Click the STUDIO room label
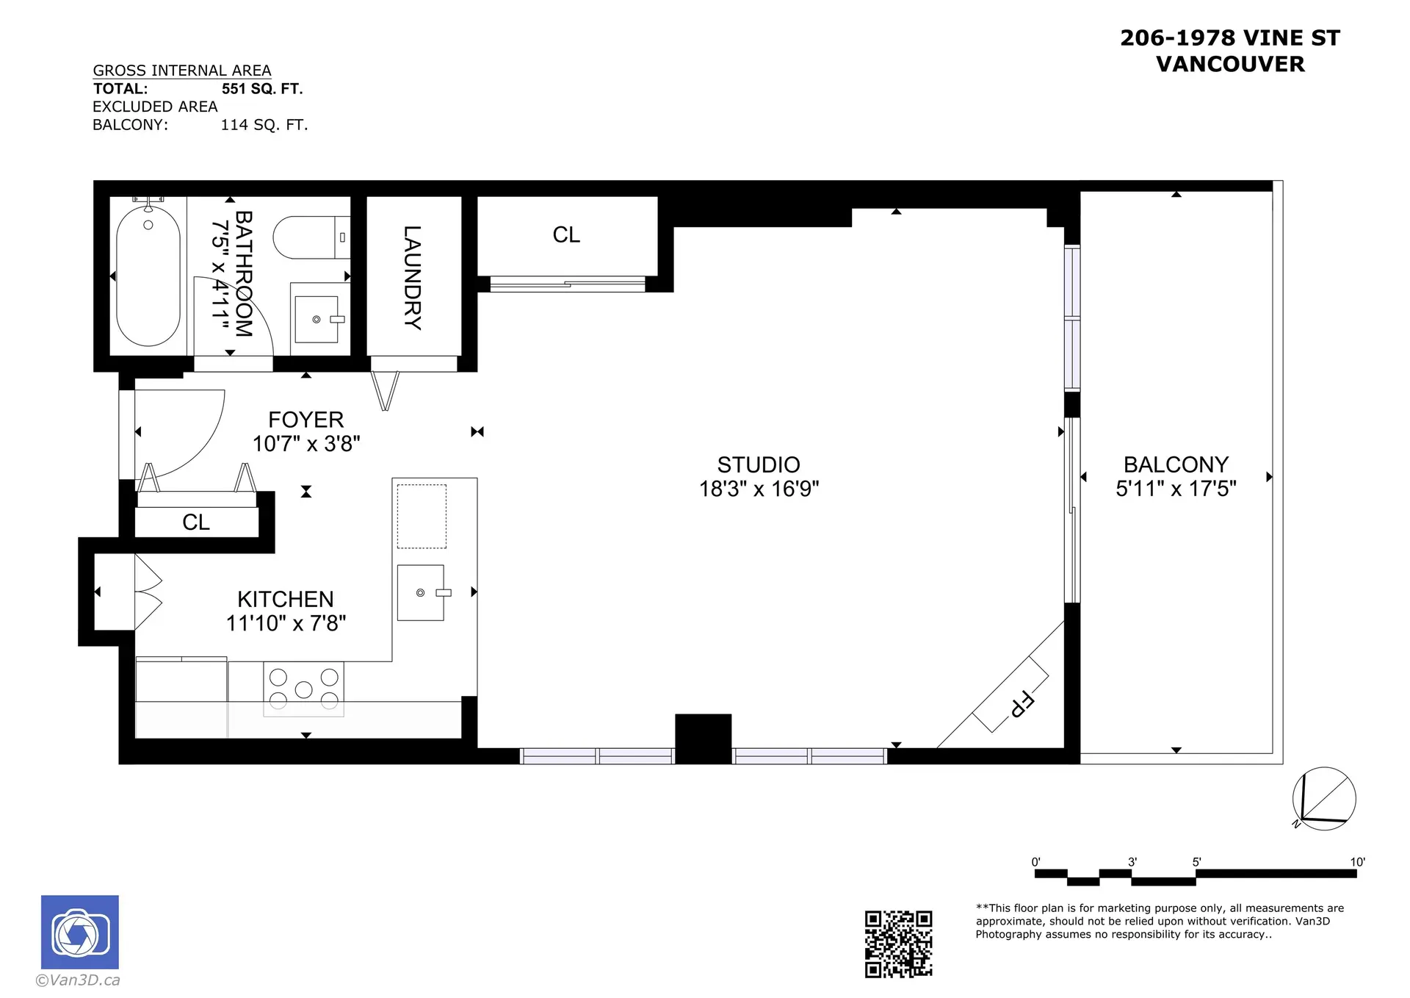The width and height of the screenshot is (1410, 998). click(759, 464)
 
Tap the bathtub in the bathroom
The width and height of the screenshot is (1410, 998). click(148, 276)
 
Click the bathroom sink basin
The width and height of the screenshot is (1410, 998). click(317, 320)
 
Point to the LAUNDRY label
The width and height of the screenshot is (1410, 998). click(413, 278)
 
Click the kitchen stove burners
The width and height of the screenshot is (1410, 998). click(304, 689)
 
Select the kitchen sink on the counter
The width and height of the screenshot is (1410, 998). click(421, 592)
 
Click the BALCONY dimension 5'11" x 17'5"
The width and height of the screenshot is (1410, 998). click(1176, 489)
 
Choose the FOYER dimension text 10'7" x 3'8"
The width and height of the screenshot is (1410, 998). click(306, 444)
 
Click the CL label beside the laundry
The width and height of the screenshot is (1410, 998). click(566, 235)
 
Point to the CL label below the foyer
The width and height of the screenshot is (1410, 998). click(196, 523)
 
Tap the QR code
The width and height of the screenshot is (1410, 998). click(898, 944)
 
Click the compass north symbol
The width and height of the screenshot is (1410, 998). click(1324, 799)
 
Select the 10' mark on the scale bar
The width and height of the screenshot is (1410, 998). click(1357, 862)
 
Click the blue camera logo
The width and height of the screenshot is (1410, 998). click(79, 932)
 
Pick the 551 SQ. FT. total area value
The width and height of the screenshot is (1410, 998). click(262, 89)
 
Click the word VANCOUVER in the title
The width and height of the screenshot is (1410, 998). click(1231, 65)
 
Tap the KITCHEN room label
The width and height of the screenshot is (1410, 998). click(286, 599)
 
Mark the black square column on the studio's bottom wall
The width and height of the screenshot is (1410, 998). click(703, 739)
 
